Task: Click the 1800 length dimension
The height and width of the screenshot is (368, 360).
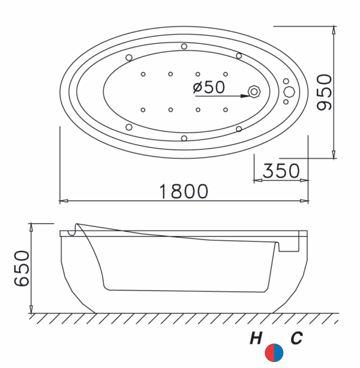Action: click(x=184, y=192)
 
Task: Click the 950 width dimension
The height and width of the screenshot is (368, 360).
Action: click(x=324, y=92)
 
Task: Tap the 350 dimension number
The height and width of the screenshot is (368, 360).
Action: click(x=281, y=170)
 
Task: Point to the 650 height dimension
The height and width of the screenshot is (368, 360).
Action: click(x=22, y=268)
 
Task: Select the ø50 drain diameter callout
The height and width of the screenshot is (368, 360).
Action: click(x=209, y=87)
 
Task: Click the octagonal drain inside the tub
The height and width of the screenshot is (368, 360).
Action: click(x=254, y=92)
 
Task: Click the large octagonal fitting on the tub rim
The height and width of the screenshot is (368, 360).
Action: click(x=289, y=91)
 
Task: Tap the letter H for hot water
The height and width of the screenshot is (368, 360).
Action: click(x=256, y=338)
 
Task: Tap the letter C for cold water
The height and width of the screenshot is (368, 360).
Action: click(x=296, y=338)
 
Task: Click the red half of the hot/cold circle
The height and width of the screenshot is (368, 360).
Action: click(x=270, y=353)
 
